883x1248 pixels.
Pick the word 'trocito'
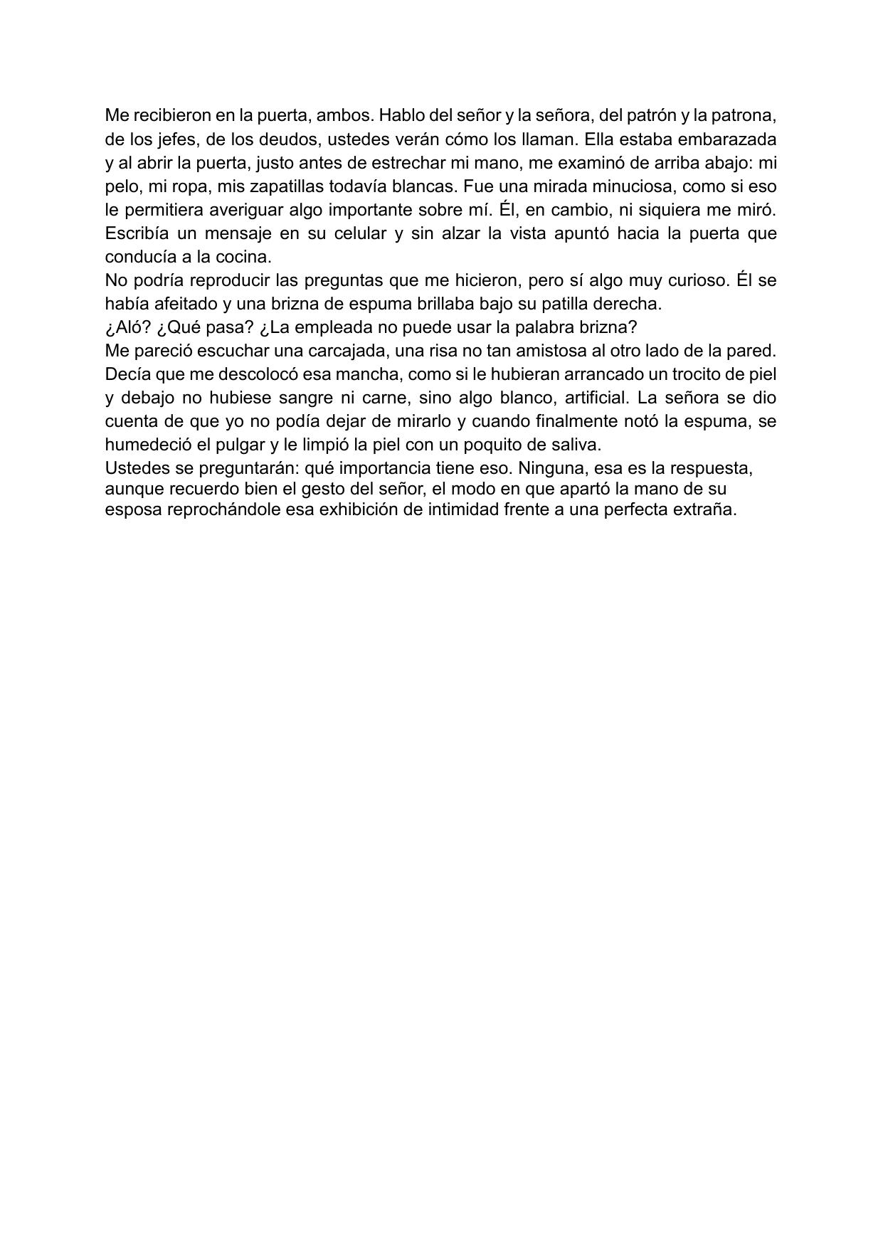(717, 374)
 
